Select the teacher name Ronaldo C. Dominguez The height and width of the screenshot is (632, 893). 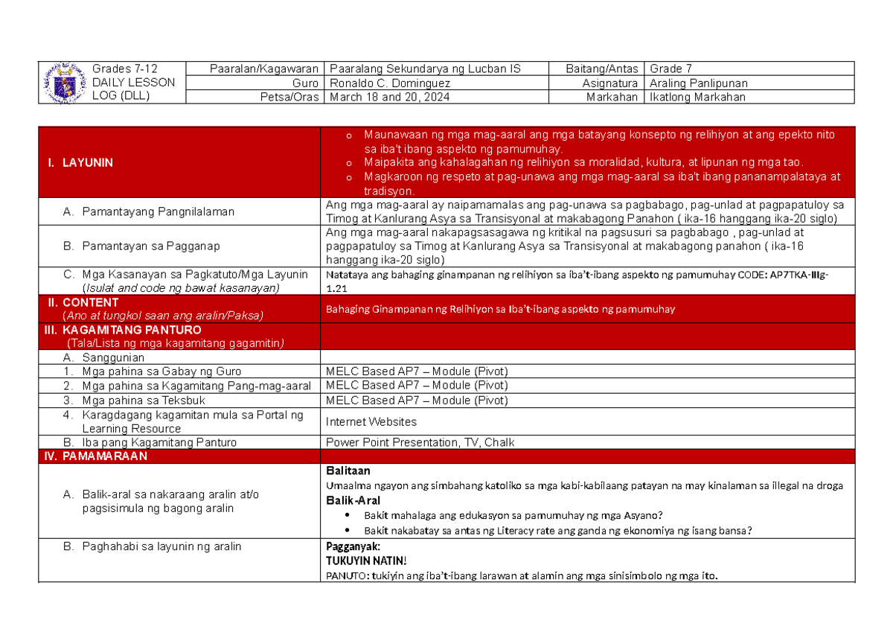388,83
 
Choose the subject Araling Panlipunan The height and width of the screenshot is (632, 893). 698,83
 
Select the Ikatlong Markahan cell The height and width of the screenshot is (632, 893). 697,97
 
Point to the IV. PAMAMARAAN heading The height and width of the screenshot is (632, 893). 96,456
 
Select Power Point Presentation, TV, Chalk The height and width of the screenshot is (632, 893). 420,442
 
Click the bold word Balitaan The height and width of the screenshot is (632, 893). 348,470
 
